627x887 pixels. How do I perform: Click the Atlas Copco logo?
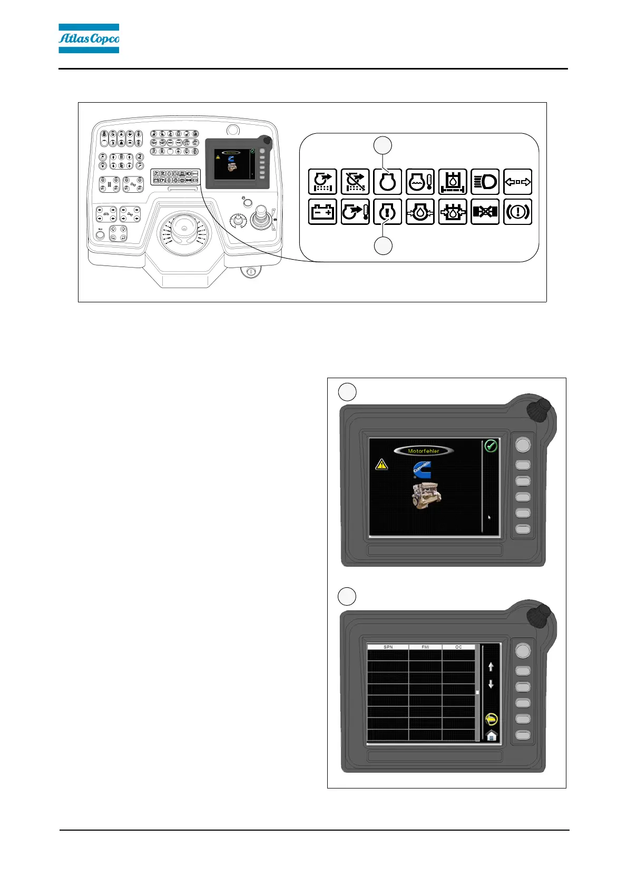(x=89, y=38)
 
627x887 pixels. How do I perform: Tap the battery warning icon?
(x=322, y=212)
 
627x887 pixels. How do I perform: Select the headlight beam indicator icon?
(x=485, y=182)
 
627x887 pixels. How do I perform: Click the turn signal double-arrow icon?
(x=517, y=182)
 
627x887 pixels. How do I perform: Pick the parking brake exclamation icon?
(x=517, y=212)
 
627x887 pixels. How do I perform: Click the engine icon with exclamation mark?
(x=387, y=212)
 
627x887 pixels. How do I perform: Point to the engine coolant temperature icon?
(x=420, y=182)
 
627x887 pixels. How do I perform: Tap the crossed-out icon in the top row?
(x=355, y=182)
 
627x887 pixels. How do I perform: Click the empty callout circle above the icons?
(x=383, y=145)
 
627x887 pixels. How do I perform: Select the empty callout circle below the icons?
(x=383, y=246)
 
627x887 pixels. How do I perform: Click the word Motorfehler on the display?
(x=423, y=451)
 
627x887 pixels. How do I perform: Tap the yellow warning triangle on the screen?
(x=381, y=465)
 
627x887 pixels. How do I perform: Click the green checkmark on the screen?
(x=491, y=446)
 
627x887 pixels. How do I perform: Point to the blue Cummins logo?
(x=422, y=470)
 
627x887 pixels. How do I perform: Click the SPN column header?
(x=388, y=647)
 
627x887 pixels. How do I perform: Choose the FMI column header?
(x=425, y=647)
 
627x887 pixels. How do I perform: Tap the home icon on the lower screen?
(x=491, y=735)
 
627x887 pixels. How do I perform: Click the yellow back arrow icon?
(x=491, y=719)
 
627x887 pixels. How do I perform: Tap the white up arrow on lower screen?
(x=491, y=667)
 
